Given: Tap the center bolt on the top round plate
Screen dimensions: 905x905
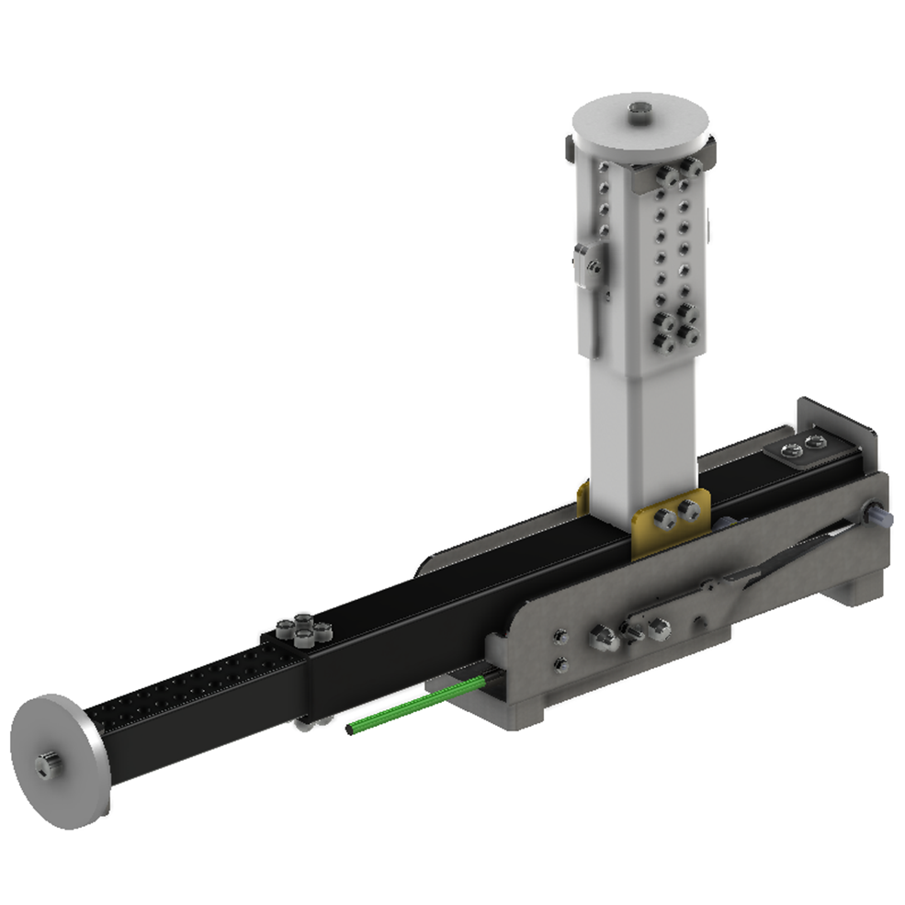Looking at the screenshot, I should pyautogui.click(x=639, y=112).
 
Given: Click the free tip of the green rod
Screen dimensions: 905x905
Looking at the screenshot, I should pyautogui.click(x=351, y=730).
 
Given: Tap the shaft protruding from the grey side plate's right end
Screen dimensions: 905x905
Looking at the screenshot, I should pyautogui.click(x=881, y=516).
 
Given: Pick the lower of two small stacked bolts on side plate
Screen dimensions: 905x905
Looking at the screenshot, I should pyautogui.click(x=561, y=662).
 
